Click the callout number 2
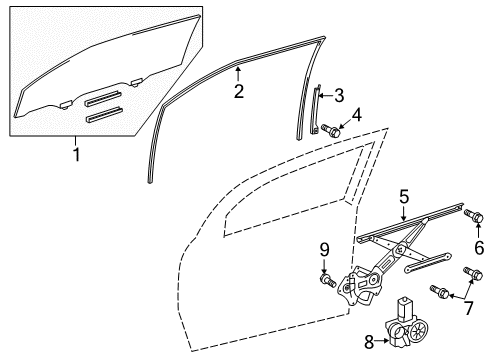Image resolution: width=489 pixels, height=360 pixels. pos(238,92)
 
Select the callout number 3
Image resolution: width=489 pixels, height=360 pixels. pos(338,96)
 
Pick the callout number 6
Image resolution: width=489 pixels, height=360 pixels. pos(477,247)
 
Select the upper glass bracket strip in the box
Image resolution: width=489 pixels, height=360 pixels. pos(103,98)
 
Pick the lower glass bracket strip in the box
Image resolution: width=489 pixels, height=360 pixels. pos(105,113)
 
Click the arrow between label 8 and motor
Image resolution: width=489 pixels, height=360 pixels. pos(387,342)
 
